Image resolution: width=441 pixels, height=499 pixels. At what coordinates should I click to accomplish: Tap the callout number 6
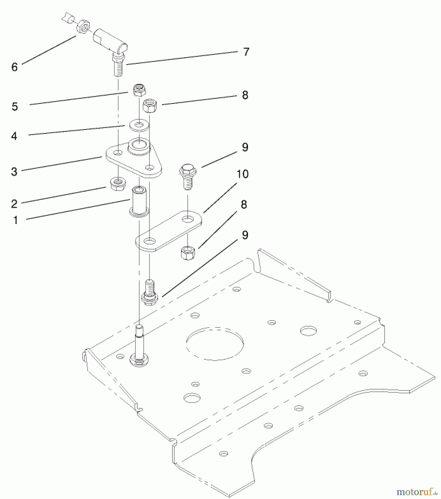pyautogui.click(x=14, y=67)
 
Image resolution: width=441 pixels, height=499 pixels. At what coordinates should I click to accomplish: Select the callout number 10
pyautogui.click(x=242, y=174)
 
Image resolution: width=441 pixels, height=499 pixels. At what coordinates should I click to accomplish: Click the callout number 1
pyautogui.click(x=16, y=220)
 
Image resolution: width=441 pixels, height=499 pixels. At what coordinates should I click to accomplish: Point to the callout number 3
pyautogui.click(x=14, y=172)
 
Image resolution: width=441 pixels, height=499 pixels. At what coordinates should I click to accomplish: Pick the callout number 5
pyautogui.click(x=15, y=107)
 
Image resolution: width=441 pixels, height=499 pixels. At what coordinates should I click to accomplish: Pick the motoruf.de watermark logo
pyautogui.click(x=417, y=492)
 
